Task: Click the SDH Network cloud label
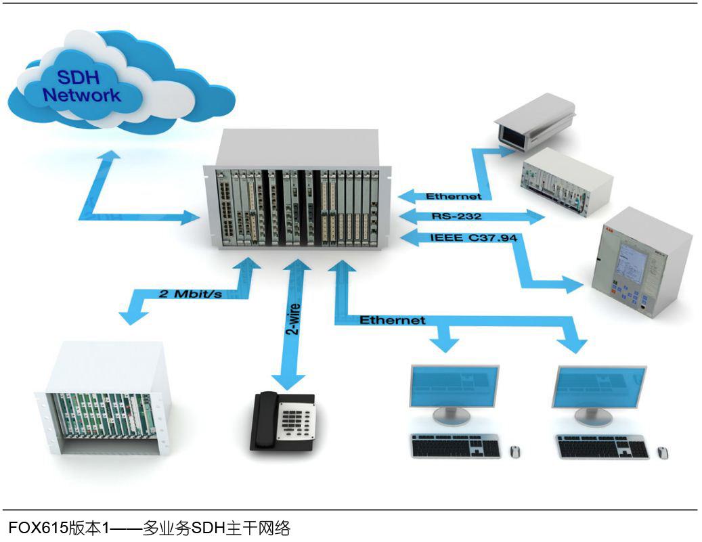click(81, 86)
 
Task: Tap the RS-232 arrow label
click(456, 217)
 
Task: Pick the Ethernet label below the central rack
click(392, 319)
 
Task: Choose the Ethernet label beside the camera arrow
click(454, 196)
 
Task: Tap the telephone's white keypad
click(299, 422)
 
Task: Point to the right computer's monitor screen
click(598, 388)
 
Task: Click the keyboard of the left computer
click(456, 447)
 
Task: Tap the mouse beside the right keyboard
click(662, 452)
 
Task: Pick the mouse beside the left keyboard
click(515, 451)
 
